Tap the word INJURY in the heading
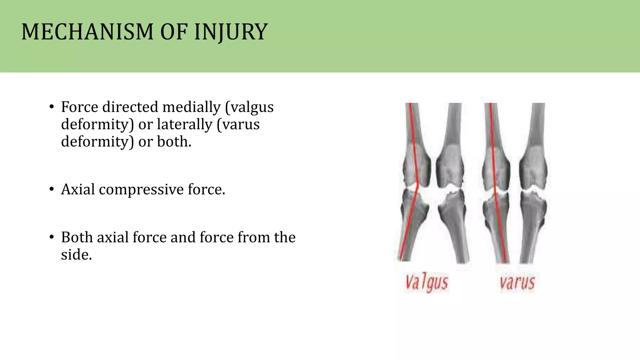[231, 32]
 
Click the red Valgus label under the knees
[427, 282]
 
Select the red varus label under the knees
[517, 282]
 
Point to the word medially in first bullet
[191, 107]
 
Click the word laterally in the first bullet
[184, 124]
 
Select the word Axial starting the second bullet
[78, 189]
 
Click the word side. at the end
[76, 255]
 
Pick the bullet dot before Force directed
[52, 107]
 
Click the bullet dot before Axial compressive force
[52, 189]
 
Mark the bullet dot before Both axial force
[52, 237]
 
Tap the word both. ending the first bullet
[174, 142]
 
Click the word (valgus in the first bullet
[249, 107]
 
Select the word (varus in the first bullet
[238, 124]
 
